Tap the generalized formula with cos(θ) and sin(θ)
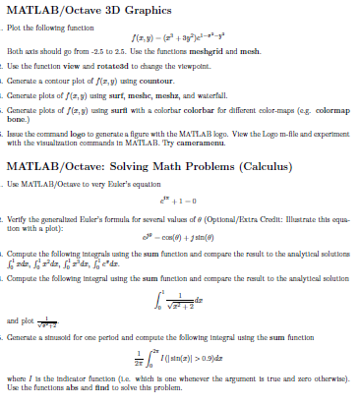tap(181, 262)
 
